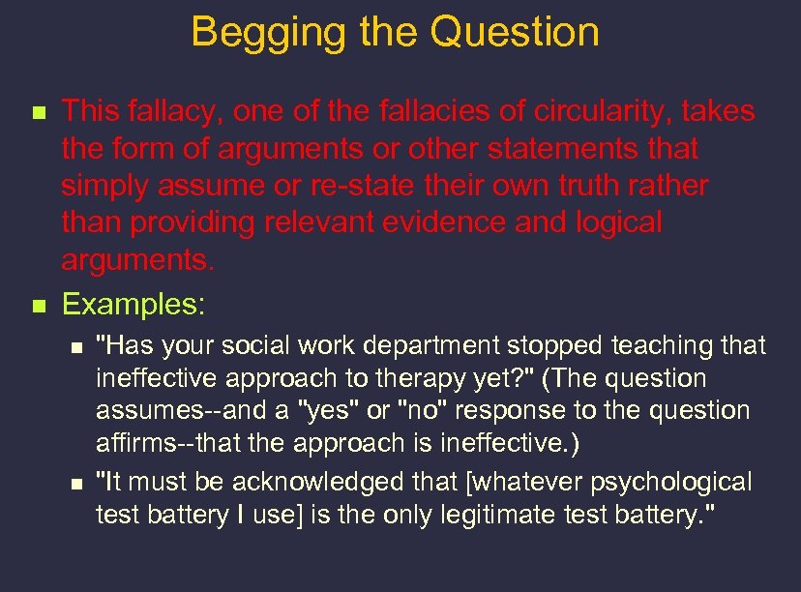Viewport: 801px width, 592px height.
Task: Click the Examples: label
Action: point(133,306)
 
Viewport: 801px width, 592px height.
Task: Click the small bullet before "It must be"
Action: point(79,483)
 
